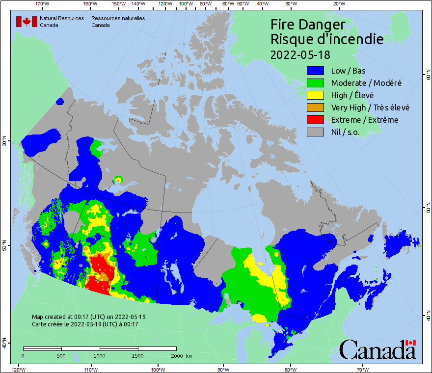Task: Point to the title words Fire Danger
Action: coord(308,25)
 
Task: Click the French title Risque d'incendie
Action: coord(327,39)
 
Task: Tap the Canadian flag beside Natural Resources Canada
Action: coord(27,22)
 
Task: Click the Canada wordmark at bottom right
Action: coord(378,349)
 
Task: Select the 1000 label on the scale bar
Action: coord(100,355)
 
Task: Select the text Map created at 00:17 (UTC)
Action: coord(88,317)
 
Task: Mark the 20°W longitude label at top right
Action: coord(338,4)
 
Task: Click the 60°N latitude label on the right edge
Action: coord(428,77)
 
